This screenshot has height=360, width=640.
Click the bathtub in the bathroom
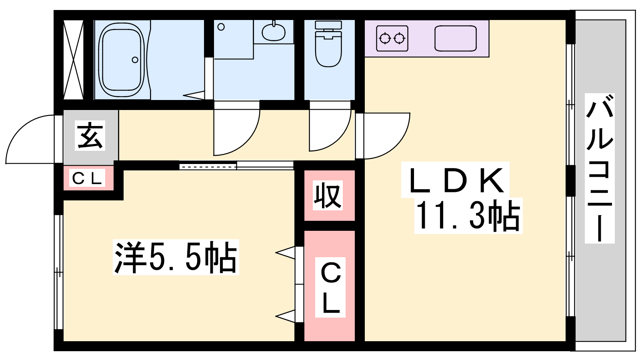pos(122,60)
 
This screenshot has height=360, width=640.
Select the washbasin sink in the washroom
pos(274,32)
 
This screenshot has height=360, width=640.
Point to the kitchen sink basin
pos(456,38)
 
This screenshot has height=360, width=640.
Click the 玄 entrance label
pos(90,136)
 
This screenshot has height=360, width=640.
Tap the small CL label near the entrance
pos(87,178)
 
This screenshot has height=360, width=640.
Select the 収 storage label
pos(328,196)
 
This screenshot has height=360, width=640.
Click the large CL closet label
pos(330,287)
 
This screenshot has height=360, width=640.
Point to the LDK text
pos(456,180)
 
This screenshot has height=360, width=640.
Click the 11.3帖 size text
pos(468,216)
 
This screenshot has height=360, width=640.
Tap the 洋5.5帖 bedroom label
pos(176,257)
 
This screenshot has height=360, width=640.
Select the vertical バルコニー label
pos(600,168)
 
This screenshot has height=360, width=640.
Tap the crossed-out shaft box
pos(73,60)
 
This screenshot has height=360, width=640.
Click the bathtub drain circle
pos(135,60)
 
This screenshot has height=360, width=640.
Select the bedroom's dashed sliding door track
pos(208,166)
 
